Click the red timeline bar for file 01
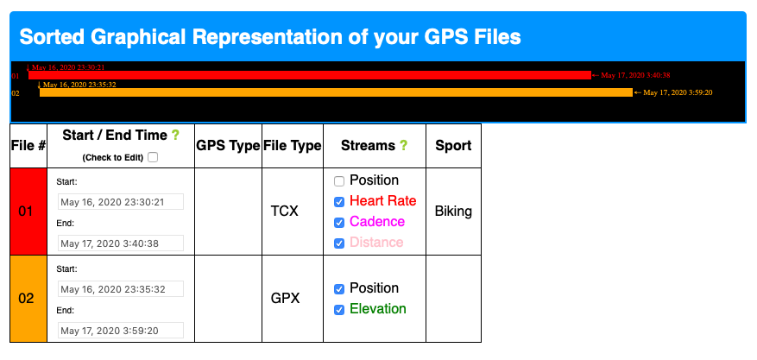click(x=310, y=75)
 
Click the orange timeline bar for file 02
click(x=336, y=92)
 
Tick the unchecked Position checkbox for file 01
click(x=339, y=181)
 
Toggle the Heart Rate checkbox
click(x=339, y=202)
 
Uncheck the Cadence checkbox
click(x=339, y=223)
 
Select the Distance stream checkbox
click(x=339, y=243)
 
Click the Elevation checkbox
click(x=339, y=310)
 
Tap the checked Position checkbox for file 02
click(x=339, y=289)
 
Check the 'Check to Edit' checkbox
click(x=153, y=157)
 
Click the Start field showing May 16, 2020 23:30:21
click(x=121, y=202)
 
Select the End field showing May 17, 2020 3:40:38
click(x=121, y=243)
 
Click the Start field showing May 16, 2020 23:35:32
click(x=121, y=289)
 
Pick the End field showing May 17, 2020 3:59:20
click(x=121, y=330)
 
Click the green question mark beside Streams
click(x=404, y=146)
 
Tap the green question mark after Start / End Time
click(x=176, y=136)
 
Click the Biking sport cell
click(x=453, y=212)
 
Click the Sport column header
click(x=453, y=146)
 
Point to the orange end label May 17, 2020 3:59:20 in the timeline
click(x=678, y=92)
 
